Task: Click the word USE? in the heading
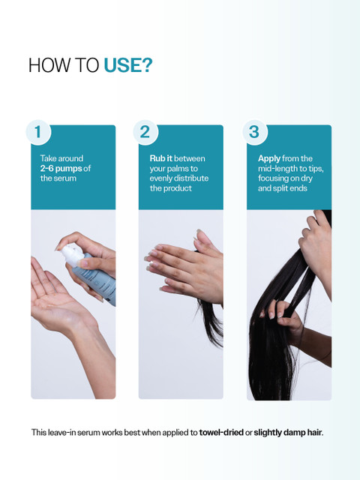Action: (128, 65)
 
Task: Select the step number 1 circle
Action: (38, 132)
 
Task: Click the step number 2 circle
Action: (145, 132)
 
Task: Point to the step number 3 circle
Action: (255, 132)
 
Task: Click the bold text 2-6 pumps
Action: (61, 168)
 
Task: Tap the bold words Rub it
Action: (161, 158)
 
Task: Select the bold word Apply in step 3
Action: (269, 158)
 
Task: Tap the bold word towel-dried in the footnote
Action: (221, 433)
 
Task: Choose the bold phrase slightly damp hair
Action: (288, 433)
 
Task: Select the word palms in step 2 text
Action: (180, 169)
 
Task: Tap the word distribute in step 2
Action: (192, 178)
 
